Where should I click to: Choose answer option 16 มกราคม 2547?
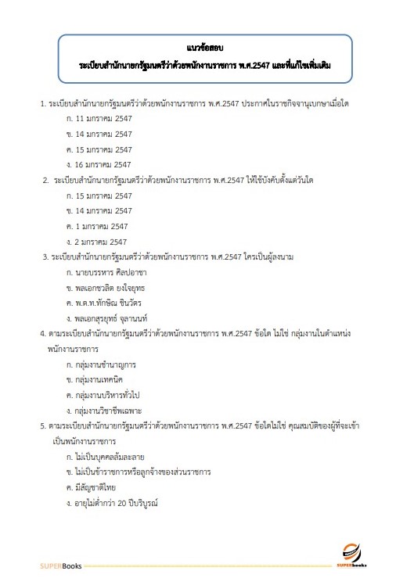(x=100, y=164)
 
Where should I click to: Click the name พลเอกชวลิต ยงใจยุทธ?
(x=114, y=287)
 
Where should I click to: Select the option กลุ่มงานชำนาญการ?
(x=106, y=364)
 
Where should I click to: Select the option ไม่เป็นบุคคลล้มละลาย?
(x=110, y=456)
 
